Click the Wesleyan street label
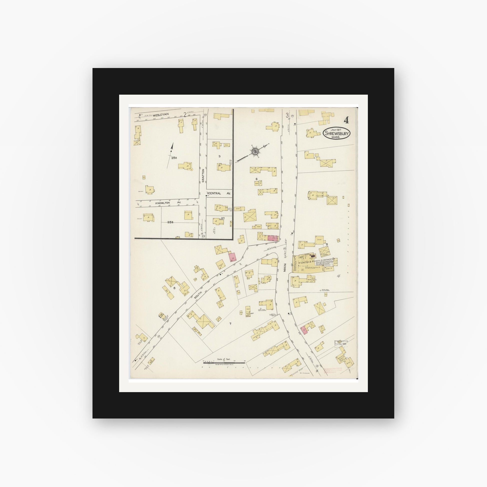pyautogui.click(x=161, y=114)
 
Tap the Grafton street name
pyautogui.click(x=203, y=175)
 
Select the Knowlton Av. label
pyautogui.click(x=164, y=202)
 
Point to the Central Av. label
pyautogui.click(x=218, y=193)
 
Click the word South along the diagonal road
pyautogui.click(x=199, y=295)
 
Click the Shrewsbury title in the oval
pyautogui.click(x=337, y=133)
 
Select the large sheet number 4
pyautogui.click(x=346, y=120)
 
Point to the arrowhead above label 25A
pyautogui.click(x=172, y=146)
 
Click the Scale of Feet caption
pyautogui.click(x=224, y=359)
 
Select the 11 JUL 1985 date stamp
pyautogui.click(x=341, y=344)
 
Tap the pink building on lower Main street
pyautogui.click(x=304, y=330)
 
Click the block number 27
pyautogui.click(x=223, y=218)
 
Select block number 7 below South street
pyautogui.click(x=230, y=324)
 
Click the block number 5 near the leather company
pyautogui.click(x=326, y=244)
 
